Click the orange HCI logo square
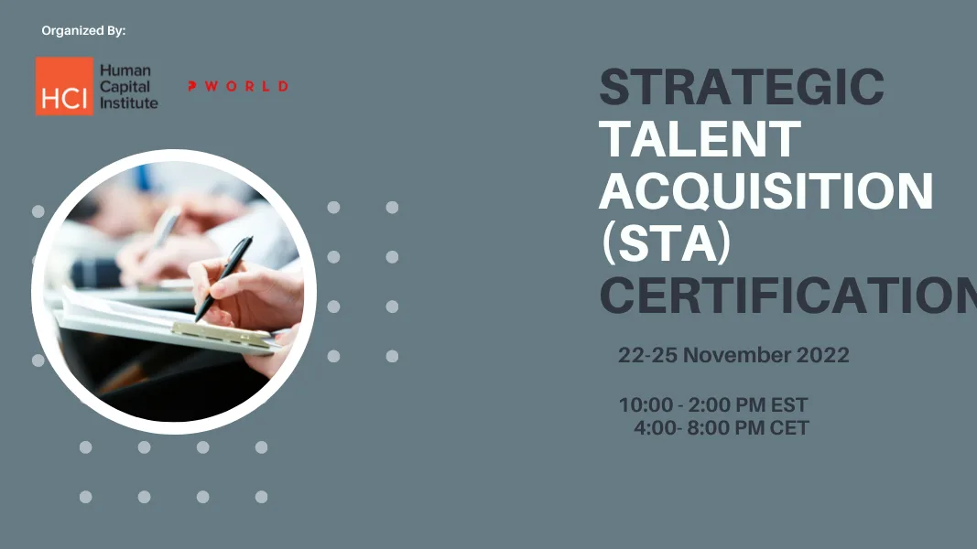[64, 87]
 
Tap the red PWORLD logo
[238, 86]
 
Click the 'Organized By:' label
[83, 31]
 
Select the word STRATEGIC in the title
[742, 88]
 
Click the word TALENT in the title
[700, 139]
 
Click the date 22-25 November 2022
[733, 355]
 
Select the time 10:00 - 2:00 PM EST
[713, 405]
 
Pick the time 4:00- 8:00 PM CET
[721, 427]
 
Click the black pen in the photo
[223, 276]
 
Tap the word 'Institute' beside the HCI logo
[128, 103]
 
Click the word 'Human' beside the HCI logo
[125, 70]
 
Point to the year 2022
[821, 355]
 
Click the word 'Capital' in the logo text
[124, 87]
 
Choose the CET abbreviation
[788, 427]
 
